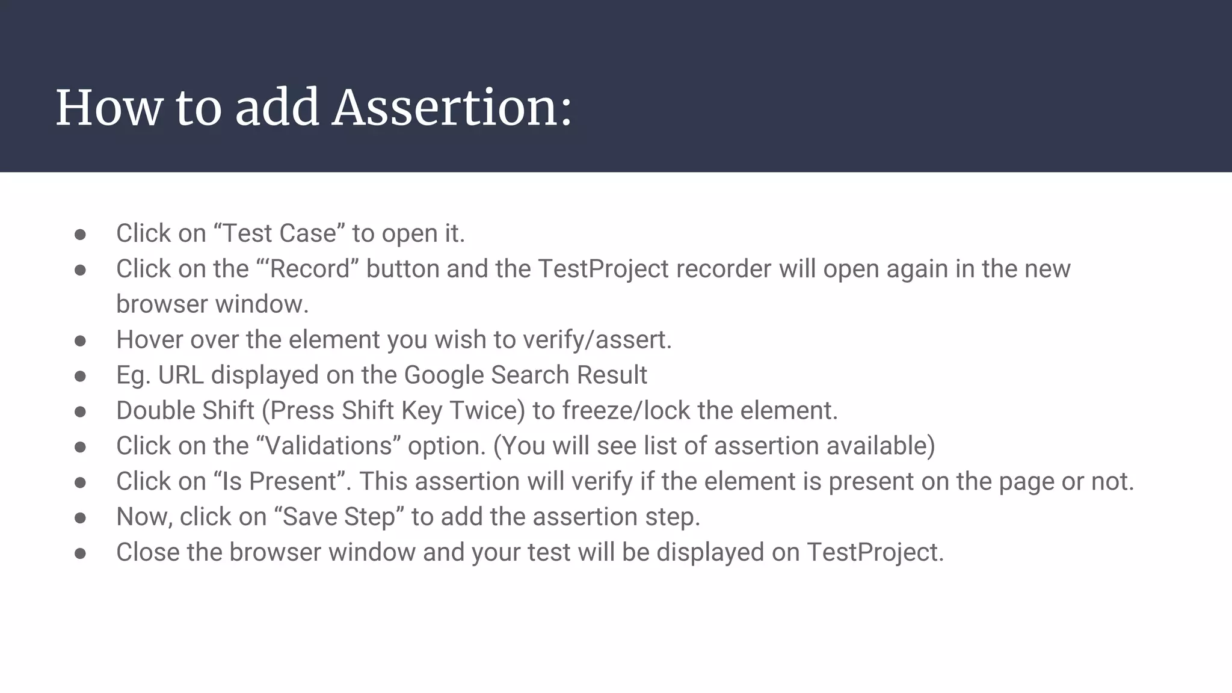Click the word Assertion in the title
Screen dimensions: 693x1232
pyautogui.click(x=451, y=108)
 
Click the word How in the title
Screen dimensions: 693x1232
pyautogui.click(x=109, y=108)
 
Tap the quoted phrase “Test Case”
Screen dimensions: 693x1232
pyautogui.click(x=280, y=233)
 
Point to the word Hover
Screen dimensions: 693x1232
pyautogui.click(x=150, y=340)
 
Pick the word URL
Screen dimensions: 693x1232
pyautogui.click(x=180, y=375)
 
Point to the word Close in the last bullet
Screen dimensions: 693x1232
pyautogui.click(x=148, y=552)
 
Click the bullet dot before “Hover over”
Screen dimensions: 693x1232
pyautogui.click(x=81, y=341)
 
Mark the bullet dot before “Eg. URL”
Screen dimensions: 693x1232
pyautogui.click(x=81, y=377)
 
